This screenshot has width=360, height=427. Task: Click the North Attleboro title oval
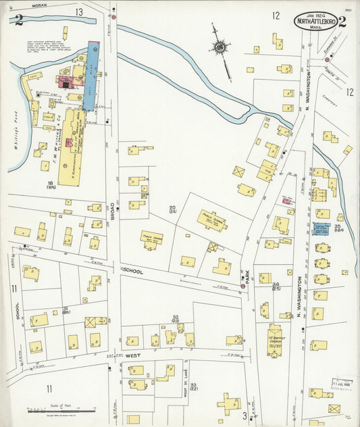pyautogui.click(x=315, y=21)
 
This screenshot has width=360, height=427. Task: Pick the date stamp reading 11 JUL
pyautogui.click(x=343, y=383)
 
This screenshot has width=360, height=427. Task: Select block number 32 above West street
pyautogui.click(x=175, y=318)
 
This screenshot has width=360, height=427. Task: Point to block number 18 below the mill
pyautogui.click(x=50, y=185)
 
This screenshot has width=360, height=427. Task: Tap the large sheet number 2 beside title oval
pyautogui.click(x=342, y=21)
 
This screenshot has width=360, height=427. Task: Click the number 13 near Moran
pyautogui.click(x=79, y=12)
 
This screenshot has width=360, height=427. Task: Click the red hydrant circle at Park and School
pyautogui.click(x=243, y=286)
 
